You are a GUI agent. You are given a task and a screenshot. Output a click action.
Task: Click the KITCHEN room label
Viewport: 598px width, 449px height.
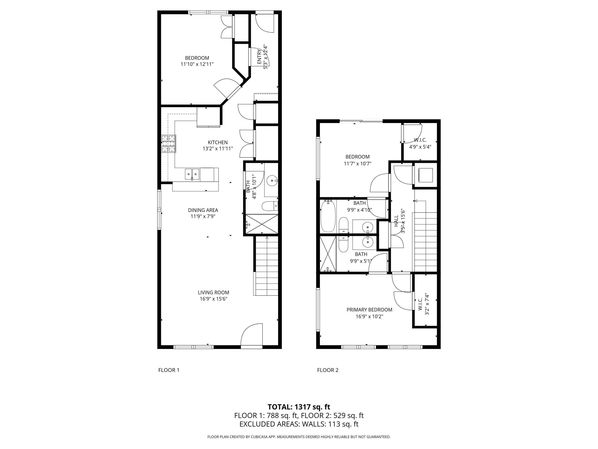(218, 142)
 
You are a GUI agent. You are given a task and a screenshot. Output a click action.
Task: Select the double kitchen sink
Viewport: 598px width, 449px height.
(192, 174)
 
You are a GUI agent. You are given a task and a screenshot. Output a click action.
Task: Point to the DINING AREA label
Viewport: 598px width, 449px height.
(203, 210)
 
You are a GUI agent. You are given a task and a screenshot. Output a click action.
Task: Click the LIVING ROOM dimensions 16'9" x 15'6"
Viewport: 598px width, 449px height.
(213, 299)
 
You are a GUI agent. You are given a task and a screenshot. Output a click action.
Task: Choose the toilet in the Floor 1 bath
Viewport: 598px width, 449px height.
(269, 206)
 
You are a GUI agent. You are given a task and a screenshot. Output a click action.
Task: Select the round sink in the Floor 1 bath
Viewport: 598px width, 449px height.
(271, 180)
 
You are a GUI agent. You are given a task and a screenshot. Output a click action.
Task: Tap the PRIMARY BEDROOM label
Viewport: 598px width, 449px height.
(369, 310)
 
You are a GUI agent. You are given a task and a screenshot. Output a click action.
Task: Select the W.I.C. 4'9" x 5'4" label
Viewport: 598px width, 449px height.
(420, 143)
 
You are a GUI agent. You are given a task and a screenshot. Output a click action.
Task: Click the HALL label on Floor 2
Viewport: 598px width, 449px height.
(396, 221)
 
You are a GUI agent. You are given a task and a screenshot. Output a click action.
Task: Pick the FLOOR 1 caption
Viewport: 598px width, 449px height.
(169, 370)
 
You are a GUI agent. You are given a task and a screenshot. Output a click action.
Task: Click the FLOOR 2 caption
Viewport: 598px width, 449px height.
(328, 370)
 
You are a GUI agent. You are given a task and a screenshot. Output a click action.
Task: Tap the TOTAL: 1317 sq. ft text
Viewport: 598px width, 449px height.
(299, 407)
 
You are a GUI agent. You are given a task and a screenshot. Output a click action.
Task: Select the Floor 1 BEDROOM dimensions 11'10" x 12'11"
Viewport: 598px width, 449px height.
(197, 64)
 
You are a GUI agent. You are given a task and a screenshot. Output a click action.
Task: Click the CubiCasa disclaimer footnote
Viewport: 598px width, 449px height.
(299, 437)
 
